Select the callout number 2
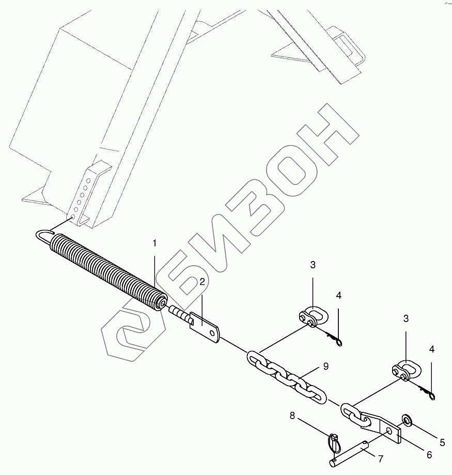[202, 282]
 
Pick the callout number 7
[381, 459]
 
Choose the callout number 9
[325, 367]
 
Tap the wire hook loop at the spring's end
[45, 235]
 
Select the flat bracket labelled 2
[206, 329]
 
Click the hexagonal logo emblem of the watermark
[134, 336]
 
